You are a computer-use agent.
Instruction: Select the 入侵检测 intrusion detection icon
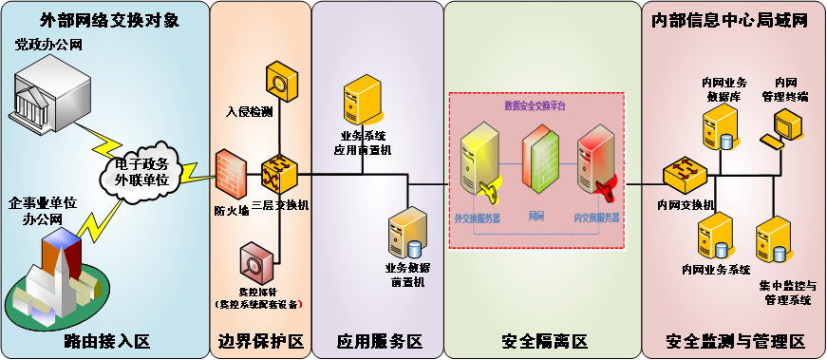282,82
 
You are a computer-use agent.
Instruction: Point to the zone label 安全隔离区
544,341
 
